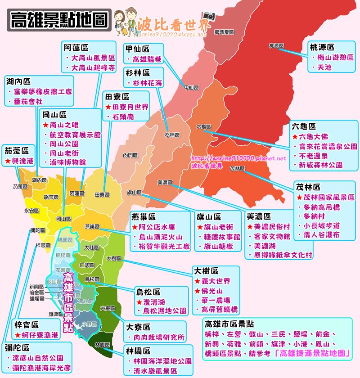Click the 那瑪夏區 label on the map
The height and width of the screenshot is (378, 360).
coord(225,32)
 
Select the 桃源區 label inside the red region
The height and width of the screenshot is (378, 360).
coord(276,45)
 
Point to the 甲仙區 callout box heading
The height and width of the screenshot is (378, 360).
coord(138,49)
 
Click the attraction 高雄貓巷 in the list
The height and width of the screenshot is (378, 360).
coord(147,59)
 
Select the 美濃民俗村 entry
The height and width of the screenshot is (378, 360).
coord(272,227)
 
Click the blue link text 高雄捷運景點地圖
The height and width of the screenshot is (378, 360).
coord(314,354)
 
